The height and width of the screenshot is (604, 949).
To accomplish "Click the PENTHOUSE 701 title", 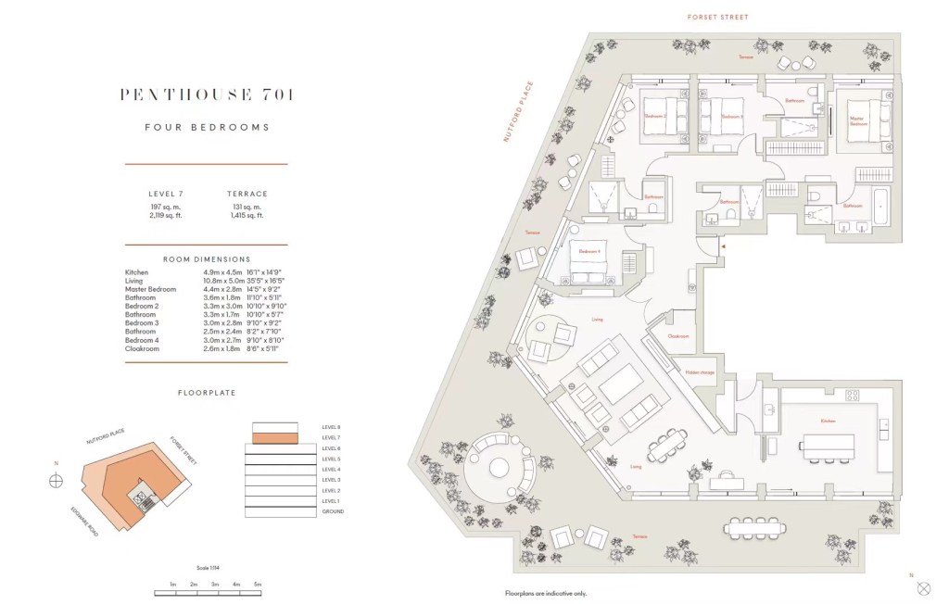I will click(x=207, y=94).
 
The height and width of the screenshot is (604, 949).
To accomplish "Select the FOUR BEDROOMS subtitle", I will click(x=207, y=127).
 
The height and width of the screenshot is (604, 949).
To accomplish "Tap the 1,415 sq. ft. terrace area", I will click(x=247, y=215).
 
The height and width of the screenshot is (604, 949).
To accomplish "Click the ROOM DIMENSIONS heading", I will click(x=207, y=259).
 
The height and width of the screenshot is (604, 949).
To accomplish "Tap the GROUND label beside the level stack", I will click(x=333, y=511).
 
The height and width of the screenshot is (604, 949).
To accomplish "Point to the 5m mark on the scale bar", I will click(x=258, y=585).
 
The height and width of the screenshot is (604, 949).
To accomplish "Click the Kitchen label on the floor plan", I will click(x=828, y=421).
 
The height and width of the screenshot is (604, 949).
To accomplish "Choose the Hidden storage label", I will click(x=699, y=372).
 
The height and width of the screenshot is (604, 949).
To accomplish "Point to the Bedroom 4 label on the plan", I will click(x=589, y=251).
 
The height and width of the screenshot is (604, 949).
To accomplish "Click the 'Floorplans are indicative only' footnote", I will click(x=546, y=593).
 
